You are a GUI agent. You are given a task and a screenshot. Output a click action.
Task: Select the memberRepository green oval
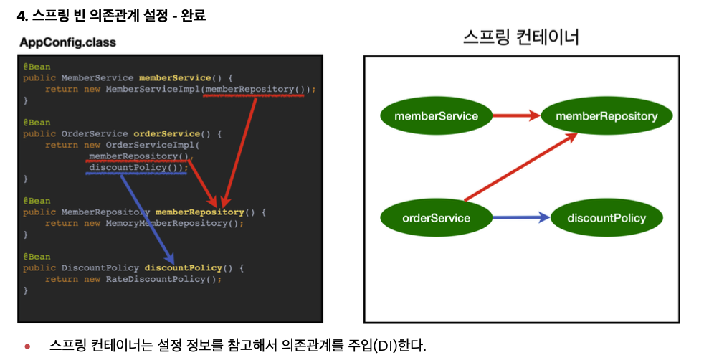point(607,115)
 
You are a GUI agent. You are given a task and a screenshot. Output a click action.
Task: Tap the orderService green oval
point(436,218)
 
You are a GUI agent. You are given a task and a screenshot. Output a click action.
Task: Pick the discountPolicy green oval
point(606,218)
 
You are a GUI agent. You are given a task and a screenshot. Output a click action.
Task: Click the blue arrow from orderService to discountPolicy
point(520,218)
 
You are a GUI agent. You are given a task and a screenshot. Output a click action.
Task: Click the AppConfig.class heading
point(67,42)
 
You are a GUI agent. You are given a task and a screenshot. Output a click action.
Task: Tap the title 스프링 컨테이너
point(521,37)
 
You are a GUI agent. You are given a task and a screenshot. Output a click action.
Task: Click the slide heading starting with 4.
point(111,14)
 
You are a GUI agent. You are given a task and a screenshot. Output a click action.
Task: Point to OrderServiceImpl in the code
point(150,145)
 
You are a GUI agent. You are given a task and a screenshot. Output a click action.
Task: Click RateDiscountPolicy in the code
point(161,279)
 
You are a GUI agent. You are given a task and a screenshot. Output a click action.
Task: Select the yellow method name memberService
point(175,77)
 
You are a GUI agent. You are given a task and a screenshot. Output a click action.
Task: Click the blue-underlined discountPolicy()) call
point(137,167)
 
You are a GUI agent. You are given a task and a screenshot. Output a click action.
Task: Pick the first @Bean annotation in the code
point(36,67)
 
